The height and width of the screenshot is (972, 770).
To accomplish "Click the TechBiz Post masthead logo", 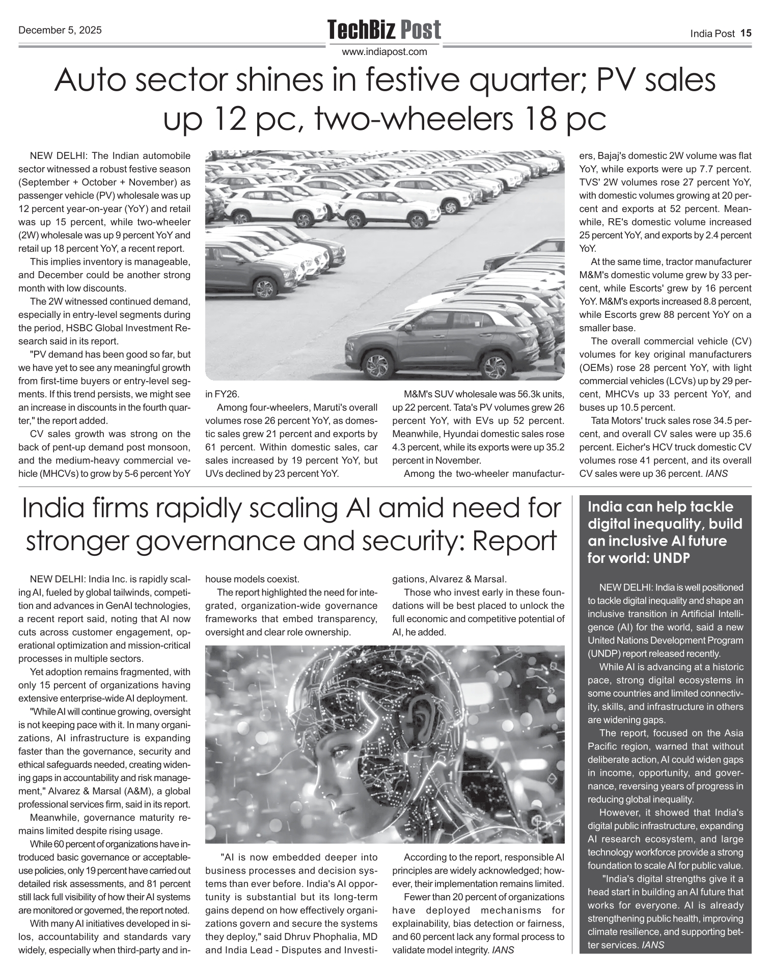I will click(384, 30).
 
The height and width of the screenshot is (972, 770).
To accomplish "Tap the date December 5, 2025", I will click(60, 30).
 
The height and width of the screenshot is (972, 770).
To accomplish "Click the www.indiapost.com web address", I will click(384, 51).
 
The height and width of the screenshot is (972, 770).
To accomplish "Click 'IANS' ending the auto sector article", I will click(716, 473).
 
